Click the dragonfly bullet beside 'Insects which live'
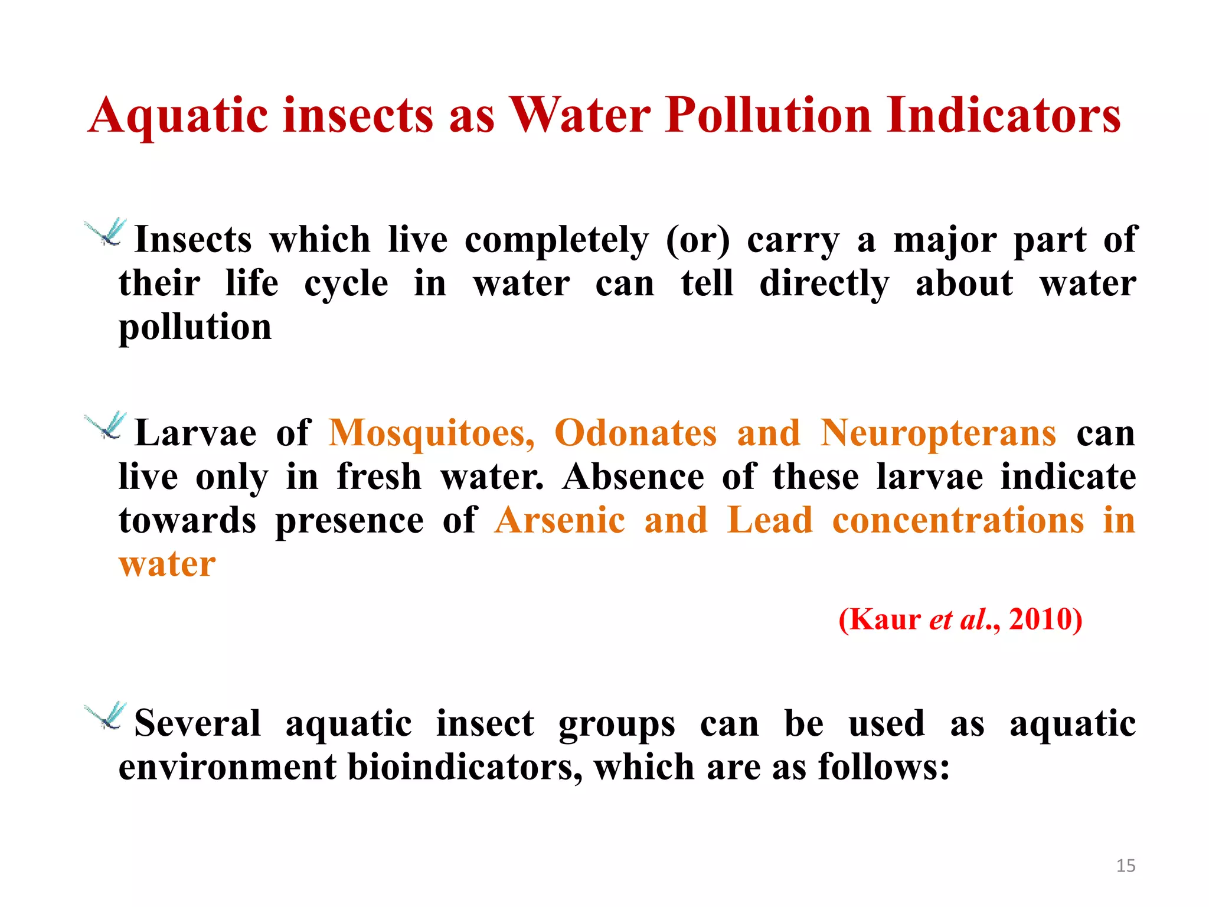tap(106, 233)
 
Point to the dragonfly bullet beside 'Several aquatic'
tap(106, 716)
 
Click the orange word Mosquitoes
tap(432, 433)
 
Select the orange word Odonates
tap(635, 432)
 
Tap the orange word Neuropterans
tap(938, 432)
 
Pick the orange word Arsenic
tap(560, 520)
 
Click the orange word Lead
tap(770, 520)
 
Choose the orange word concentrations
tap(958, 520)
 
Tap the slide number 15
tap(1126, 866)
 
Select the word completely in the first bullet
tap(556, 241)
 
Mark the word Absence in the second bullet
tap(633, 476)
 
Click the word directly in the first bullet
tap(824, 285)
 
